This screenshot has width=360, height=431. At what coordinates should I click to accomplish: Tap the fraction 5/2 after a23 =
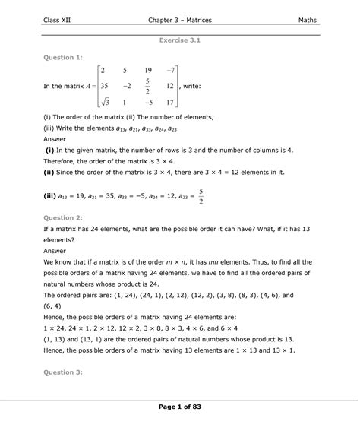tap(201, 196)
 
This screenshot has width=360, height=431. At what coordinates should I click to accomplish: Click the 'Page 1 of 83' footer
tap(179, 410)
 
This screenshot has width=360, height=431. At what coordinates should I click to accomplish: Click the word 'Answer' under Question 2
tap(55, 250)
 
